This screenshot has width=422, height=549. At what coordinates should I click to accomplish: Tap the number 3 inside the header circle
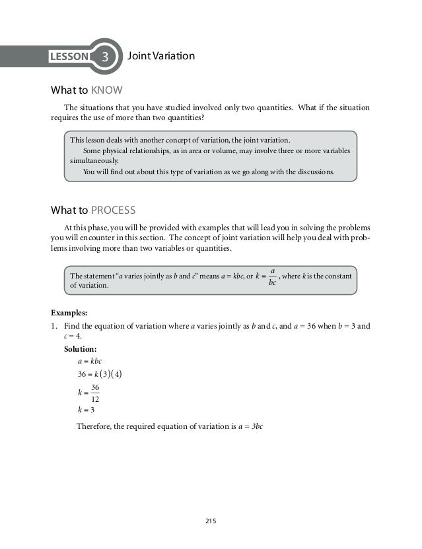104,57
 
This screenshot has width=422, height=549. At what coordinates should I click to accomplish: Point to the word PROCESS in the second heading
113,210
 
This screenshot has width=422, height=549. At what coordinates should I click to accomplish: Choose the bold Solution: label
81,348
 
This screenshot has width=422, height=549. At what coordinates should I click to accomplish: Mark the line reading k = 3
87,409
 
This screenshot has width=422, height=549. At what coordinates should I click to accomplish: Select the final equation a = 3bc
251,427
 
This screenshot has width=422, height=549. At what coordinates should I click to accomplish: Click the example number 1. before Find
55,325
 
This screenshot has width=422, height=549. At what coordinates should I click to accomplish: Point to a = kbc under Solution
89,361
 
